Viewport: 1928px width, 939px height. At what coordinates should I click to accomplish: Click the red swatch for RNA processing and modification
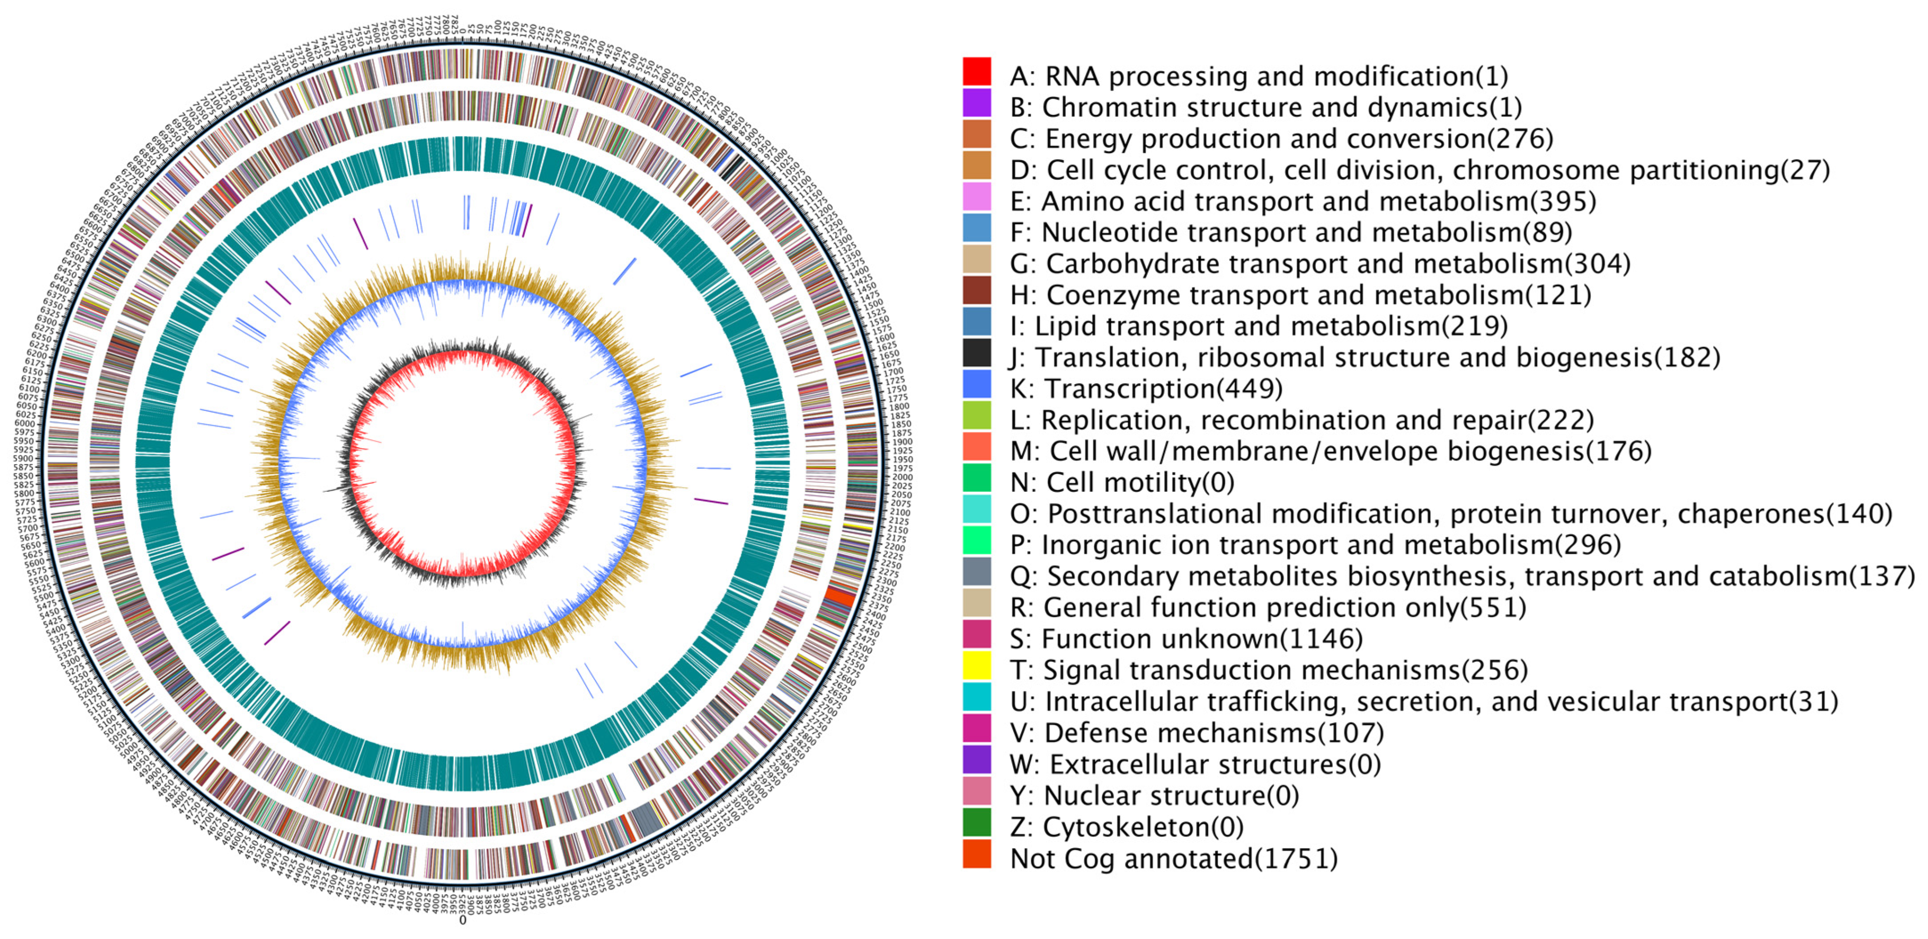tap(977, 72)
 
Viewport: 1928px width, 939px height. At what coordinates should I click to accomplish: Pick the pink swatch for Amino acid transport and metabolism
tap(977, 197)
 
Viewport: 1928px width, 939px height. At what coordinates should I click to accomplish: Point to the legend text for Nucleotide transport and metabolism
tap(1291, 233)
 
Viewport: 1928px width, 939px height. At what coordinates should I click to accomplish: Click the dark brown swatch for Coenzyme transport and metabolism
tap(977, 290)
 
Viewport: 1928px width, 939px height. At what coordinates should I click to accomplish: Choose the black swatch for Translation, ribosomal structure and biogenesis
tap(977, 353)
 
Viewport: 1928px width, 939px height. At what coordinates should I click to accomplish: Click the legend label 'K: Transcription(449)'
tap(1146, 389)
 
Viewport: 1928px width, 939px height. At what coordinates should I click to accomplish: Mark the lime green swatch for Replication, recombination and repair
tap(977, 415)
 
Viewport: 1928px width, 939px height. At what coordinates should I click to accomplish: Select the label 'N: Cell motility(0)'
tap(1122, 483)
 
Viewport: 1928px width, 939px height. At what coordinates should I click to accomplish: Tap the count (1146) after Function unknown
tap(1321, 639)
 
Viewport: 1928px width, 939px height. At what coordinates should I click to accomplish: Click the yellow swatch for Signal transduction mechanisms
tap(977, 665)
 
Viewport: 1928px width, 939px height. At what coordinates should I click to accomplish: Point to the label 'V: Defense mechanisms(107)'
tap(1197, 732)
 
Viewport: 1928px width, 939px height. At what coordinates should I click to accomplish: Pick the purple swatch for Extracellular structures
tap(977, 759)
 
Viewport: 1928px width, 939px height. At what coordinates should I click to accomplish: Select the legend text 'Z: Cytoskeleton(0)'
tap(1126, 828)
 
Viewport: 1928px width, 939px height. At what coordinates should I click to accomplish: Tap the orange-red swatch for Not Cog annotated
tap(977, 854)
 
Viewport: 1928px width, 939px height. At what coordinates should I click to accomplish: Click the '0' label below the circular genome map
tap(463, 920)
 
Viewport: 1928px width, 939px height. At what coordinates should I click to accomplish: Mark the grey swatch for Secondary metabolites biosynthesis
tap(977, 571)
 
